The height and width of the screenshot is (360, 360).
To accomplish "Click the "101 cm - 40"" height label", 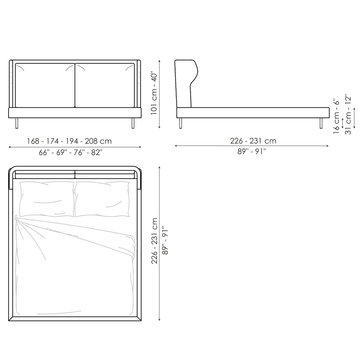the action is (x=154, y=93).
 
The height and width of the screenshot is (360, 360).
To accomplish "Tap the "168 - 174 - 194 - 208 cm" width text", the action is (x=69, y=141).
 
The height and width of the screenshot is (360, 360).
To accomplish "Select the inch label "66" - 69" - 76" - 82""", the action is (x=70, y=153).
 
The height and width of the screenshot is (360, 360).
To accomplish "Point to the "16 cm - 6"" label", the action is (x=337, y=116).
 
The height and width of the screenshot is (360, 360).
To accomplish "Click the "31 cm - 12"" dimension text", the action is (x=348, y=114).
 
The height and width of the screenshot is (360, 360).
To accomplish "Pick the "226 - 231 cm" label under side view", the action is (x=253, y=141).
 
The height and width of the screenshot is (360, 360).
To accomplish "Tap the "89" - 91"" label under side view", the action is (x=252, y=152).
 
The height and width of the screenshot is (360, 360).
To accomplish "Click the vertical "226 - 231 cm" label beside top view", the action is (x=154, y=241).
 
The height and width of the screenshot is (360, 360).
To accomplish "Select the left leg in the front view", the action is (x=17, y=123).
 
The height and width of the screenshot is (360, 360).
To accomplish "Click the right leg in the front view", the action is (x=133, y=123).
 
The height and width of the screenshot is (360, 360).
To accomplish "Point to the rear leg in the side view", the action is (x=181, y=123).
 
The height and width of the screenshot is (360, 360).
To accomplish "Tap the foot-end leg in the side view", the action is (x=321, y=123).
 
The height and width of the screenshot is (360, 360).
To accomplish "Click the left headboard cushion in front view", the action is (x=45, y=85).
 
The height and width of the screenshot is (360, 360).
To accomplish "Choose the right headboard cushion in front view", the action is (x=105, y=85).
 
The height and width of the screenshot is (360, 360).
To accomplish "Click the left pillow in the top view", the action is (x=47, y=199).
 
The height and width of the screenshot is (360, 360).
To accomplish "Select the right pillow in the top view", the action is (x=102, y=199).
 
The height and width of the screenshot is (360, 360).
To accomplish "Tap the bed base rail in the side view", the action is (x=253, y=113).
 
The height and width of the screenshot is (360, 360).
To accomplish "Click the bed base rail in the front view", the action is (x=75, y=113).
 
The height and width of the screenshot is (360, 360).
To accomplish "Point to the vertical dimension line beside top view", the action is (x=159, y=244).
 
